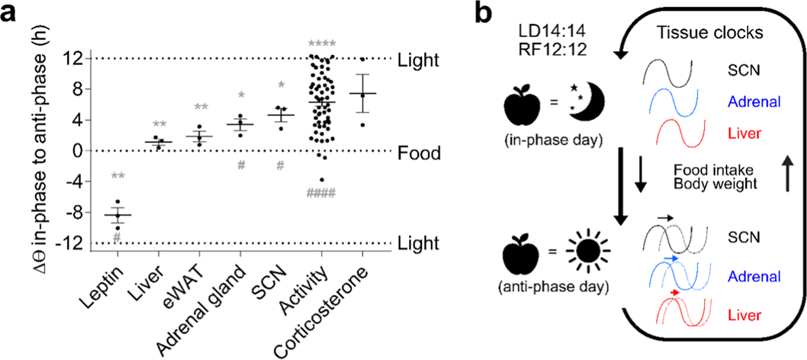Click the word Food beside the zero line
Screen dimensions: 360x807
pos(420,154)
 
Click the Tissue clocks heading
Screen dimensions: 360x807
pos(711,33)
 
